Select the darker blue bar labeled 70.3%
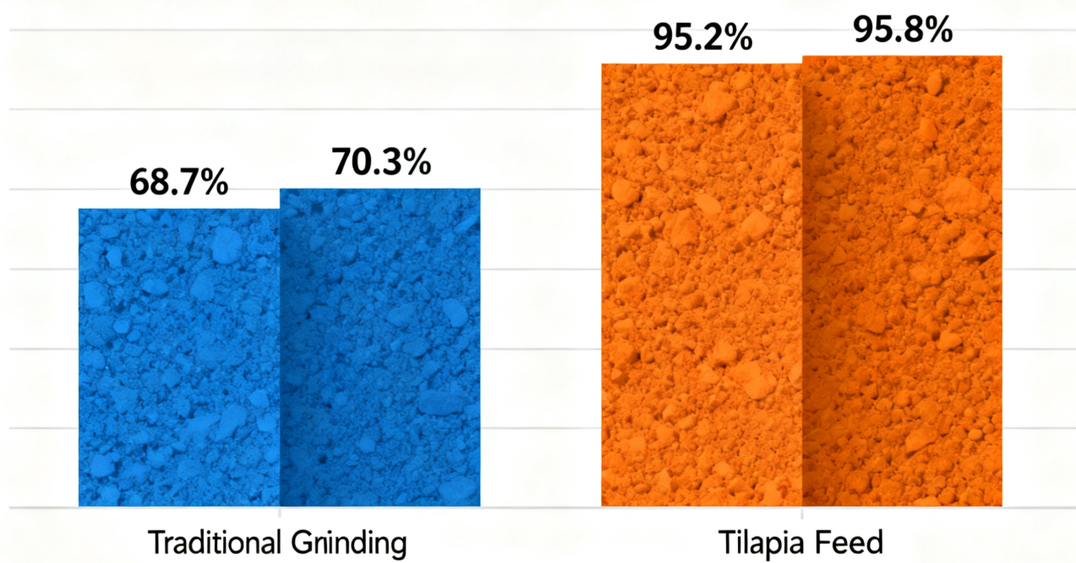[380, 347]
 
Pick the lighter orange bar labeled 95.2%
[702, 285]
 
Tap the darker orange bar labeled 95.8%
[902, 281]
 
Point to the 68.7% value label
[178, 183]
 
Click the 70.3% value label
[380, 161]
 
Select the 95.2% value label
[702, 37]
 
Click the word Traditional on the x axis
[215, 542]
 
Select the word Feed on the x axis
[851, 542]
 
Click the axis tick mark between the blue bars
[280, 512]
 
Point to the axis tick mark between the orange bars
[802, 512]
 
